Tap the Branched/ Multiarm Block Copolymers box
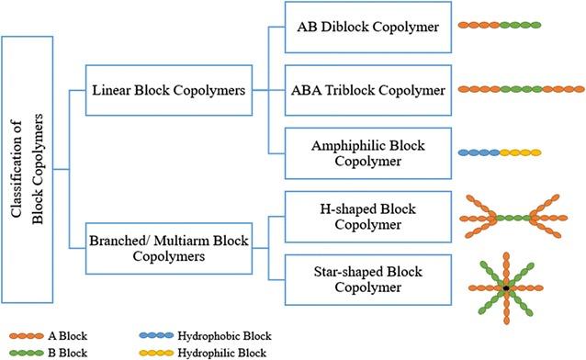[x=169, y=248]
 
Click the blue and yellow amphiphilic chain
[x=499, y=152]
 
